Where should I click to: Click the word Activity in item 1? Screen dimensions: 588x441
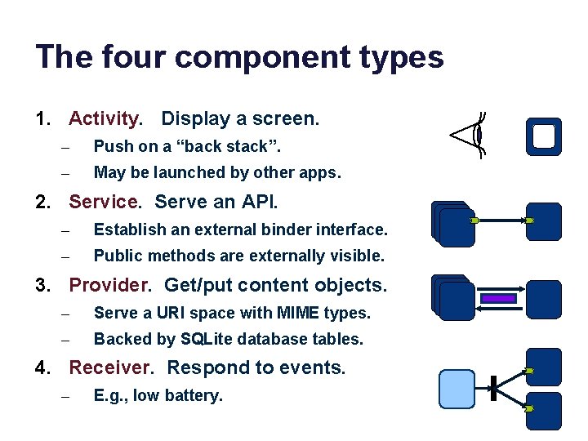[105, 119]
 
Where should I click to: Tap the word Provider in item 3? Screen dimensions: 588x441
[110, 285]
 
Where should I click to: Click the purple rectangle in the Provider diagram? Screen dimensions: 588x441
[499, 300]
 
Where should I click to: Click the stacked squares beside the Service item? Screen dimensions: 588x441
[453, 223]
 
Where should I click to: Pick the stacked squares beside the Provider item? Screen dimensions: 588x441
[452, 297]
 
